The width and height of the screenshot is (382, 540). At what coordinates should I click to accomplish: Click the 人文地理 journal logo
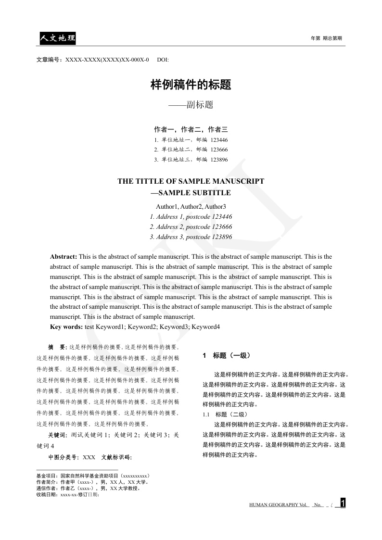pos(57,38)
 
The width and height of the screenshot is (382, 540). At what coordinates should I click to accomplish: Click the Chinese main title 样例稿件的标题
pos(191,85)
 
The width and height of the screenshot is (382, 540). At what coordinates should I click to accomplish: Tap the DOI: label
pos(163,60)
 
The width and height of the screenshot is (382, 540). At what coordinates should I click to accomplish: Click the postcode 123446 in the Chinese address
pos(219,140)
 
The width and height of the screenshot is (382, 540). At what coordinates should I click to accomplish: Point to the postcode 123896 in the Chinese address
pos(219,159)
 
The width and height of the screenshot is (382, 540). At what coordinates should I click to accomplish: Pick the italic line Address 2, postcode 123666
pos(191,227)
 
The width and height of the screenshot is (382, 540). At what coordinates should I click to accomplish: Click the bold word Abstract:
pos(64,257)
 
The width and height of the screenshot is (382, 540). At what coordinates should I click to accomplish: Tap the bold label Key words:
pos(66,327)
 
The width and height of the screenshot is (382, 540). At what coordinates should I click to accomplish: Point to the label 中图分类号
pos(64,457)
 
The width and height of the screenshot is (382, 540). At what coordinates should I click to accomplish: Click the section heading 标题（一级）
pos(231,356)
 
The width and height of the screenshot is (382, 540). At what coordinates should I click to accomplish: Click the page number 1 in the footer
pos(343,503)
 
